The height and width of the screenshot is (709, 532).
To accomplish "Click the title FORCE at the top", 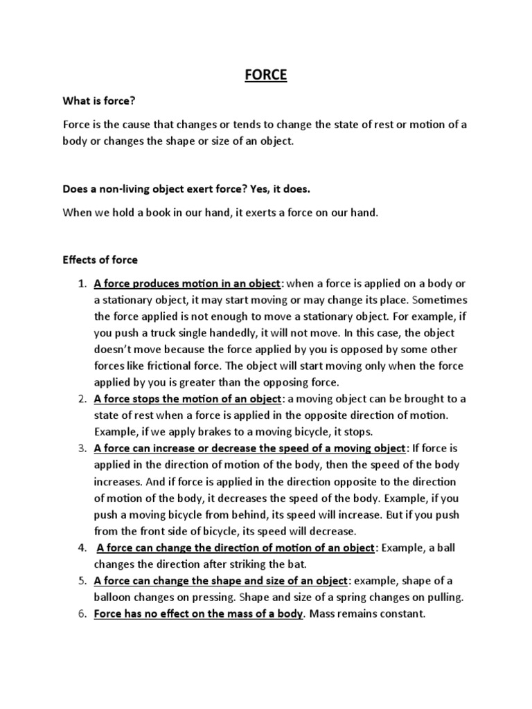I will [265, 75].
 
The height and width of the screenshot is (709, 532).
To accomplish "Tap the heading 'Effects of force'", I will [100, 260].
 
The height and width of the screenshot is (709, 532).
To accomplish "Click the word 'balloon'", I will [113, 598].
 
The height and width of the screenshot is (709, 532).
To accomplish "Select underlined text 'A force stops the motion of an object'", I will [188, 399].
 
